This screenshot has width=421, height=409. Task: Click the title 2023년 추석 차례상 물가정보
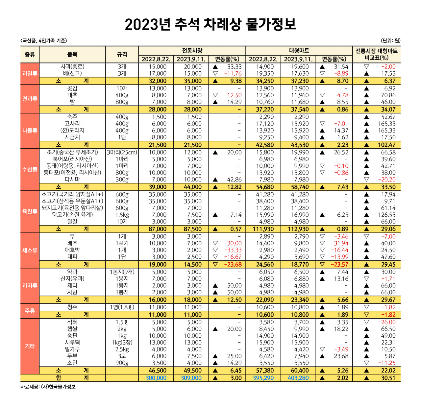point(210,24)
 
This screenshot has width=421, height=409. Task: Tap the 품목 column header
point(72,55)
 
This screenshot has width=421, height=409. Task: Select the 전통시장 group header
point(192,51)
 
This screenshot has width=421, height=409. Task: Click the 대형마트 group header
point(299,51)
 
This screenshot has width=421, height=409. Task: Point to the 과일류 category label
point(30,74)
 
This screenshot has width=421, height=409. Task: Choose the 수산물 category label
point(30,170)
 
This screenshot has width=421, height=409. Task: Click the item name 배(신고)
point(72,74)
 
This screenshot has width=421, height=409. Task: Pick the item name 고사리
point(72,124)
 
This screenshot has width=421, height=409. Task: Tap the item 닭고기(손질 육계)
point(72,215)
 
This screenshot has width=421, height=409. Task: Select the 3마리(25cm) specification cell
point(122,153)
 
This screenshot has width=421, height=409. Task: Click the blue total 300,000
point(156,378)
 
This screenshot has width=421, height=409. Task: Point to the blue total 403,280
point(298,378)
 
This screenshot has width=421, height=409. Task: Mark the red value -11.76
point(233,74)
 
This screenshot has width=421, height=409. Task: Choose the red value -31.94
point(339,243)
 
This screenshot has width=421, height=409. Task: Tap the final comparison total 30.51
point(388,378)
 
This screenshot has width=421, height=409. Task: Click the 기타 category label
point(30,346)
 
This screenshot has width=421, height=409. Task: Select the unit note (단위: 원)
point(391,41)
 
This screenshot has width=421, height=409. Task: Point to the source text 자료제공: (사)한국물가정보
point(48,387)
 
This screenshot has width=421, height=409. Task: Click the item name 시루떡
point(72,343)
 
